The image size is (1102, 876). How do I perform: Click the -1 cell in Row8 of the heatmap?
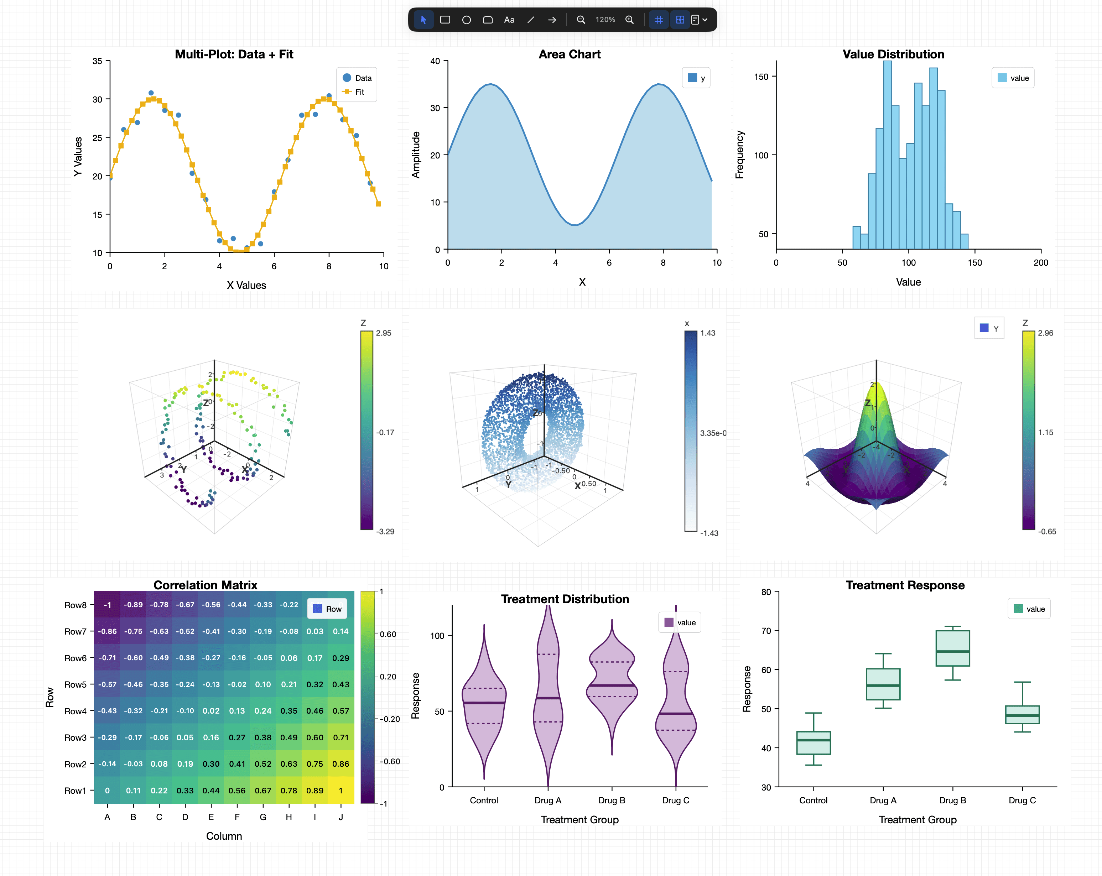(x=107, y=605)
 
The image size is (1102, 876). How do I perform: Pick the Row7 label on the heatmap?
(x=75, y=631)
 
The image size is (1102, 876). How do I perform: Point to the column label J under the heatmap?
(x=341, y=817)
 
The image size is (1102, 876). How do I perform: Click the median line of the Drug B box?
(x=952, y=651)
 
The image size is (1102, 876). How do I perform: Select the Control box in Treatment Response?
(x=813, y=742)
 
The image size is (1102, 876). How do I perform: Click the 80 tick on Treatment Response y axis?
(x=766, y=592)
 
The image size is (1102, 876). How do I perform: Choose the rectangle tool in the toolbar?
(x=445, y=20)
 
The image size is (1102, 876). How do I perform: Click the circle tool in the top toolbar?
(x=466, y=20)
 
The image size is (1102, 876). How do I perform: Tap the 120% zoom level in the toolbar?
(x=605, y=20)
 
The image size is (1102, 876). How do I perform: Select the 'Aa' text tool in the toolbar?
(x=509, y=20)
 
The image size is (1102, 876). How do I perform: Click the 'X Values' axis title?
(x=246, y=285)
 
